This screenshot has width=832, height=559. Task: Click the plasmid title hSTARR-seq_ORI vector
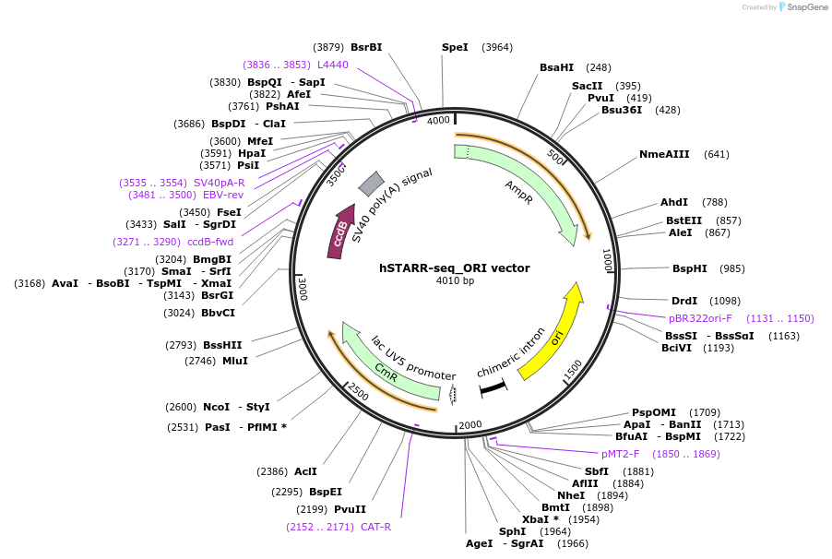pos(454,268)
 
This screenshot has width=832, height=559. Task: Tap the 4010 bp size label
pos(455,281)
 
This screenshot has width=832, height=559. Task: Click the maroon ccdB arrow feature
pos(339,232)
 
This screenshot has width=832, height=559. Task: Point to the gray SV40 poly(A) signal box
pos(371,184)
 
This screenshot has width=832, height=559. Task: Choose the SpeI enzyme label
pos(455,47)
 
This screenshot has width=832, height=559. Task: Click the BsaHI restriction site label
pos(556,67)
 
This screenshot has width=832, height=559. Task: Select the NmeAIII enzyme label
pos(664,154)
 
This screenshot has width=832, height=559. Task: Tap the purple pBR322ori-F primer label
pos(700,318)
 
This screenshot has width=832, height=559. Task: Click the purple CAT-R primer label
pos(375,527)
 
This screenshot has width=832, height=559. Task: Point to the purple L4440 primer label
pos(333,65)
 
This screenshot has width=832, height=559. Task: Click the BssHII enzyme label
pos(222,345)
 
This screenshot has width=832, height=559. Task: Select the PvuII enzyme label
pos(350,509)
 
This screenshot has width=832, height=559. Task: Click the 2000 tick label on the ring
pos(470,424)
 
